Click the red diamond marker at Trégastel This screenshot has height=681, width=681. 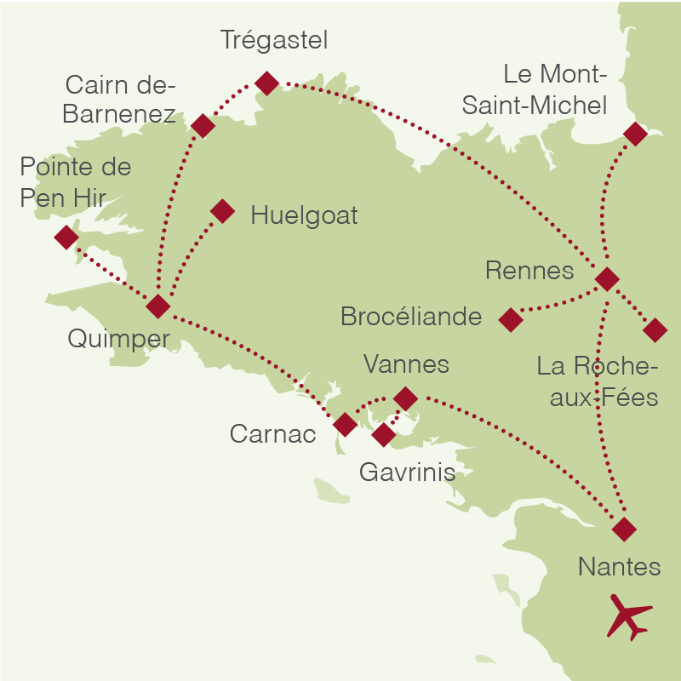[x=267, y=83]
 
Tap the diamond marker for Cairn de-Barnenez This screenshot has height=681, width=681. [x=203, y=126]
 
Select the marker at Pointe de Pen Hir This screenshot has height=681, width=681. [x=66, y=237]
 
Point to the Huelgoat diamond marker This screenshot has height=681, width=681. [x=222, y=211]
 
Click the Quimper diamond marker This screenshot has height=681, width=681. [x=158, y=306]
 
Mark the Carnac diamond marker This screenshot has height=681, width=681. [x=345, y=425]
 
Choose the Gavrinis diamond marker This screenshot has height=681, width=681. [x=384, y=435]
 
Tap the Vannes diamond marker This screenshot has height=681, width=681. [x=405, y=398]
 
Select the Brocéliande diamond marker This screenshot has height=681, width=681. [x=510, y=319]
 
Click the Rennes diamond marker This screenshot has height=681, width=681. [x=606, y=278]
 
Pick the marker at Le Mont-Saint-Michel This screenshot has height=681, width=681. [x=635, y=134]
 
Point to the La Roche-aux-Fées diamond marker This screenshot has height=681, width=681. [x=655, y=329]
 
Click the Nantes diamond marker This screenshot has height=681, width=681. [x=624, y=529]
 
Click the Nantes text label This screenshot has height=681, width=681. [x=619, y=566]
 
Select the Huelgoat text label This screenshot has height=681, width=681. [x=304, y=215]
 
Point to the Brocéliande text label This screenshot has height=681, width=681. [x=411, y=317]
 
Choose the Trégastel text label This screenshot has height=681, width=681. [x=273, y=39]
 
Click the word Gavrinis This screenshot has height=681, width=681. [x=407, y=472]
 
